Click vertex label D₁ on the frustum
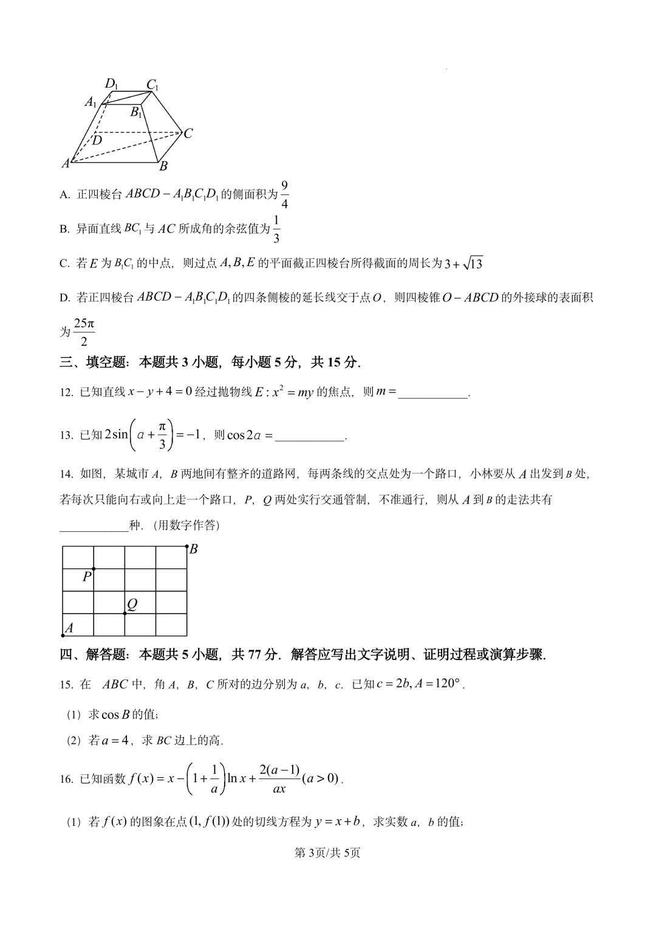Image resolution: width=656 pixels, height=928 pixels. (x=111, y=84)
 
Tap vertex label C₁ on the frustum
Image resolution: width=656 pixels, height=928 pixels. (x=152, y=85)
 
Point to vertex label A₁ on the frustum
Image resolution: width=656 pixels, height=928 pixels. (x=91, y=102)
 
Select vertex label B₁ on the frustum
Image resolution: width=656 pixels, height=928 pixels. (x=136, y=112)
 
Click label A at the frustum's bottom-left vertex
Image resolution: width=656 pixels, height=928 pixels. (x=66, y=163)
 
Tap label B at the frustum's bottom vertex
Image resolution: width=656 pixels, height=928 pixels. (x=163, y=166)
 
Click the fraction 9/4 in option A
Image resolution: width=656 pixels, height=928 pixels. (x=284, y=194)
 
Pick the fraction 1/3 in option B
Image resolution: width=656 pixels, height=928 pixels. (x=276, y=229)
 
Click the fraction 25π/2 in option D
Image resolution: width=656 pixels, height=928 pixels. (x=83, y=332)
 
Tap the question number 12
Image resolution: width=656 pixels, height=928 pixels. (x=66, y=393)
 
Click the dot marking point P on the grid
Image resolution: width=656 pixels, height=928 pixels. (x=94, y=569)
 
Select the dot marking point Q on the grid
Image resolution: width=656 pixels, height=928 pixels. (x=125, y=613)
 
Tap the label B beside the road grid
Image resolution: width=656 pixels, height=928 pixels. (x=194, y=549)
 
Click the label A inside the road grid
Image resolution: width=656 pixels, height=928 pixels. (x=69, y=628)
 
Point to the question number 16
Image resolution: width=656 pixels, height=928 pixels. (x=66, y=779)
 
